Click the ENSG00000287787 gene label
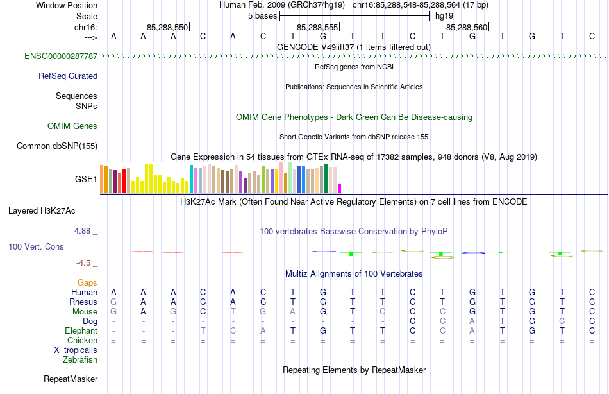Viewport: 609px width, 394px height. tap(61, 56)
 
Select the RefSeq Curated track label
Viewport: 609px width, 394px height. tap(68, 76)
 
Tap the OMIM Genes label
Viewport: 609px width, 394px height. tap(72, 126)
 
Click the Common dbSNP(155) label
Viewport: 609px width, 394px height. tap(57, 146)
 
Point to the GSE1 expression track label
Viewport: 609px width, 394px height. tap(86, 180)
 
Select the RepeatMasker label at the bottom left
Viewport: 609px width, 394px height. tap(71, 379)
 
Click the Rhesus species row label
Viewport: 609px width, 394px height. tap(83, 302)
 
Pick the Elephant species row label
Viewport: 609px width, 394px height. tap(81, 331)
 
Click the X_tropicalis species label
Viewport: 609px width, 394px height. tap(76, 350)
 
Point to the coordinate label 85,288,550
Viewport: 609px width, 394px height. tap(167, 28)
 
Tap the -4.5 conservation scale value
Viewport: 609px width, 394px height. tap(87, 263)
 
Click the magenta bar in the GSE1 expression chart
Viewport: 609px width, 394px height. tap(340, 189)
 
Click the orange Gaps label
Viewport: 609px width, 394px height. tap(87, 282)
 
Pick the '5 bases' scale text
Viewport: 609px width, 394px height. tap(262, 15)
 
